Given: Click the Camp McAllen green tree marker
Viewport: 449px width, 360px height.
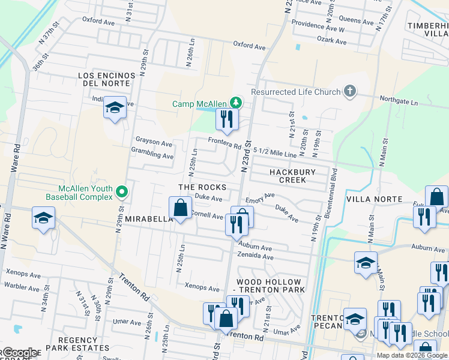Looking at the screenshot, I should coord(237,103).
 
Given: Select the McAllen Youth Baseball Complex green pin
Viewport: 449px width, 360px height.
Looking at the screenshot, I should coord(122,193).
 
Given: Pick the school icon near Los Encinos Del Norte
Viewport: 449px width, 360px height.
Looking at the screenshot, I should coord(114,108).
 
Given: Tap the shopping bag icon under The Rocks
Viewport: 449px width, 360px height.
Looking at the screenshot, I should coord(181,208).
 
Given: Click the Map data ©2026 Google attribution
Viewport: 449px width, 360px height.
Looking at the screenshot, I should coord(412,355).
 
